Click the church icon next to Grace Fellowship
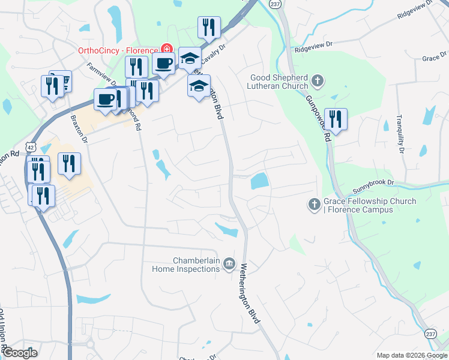point(313,205)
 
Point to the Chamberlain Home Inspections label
point(196,265)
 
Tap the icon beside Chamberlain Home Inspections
point(229,265)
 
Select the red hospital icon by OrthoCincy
point(166,49)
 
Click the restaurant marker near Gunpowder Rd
point(334,118)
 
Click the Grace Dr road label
point(431,58)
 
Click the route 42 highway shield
point(30,146)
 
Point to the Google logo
point(19,353)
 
